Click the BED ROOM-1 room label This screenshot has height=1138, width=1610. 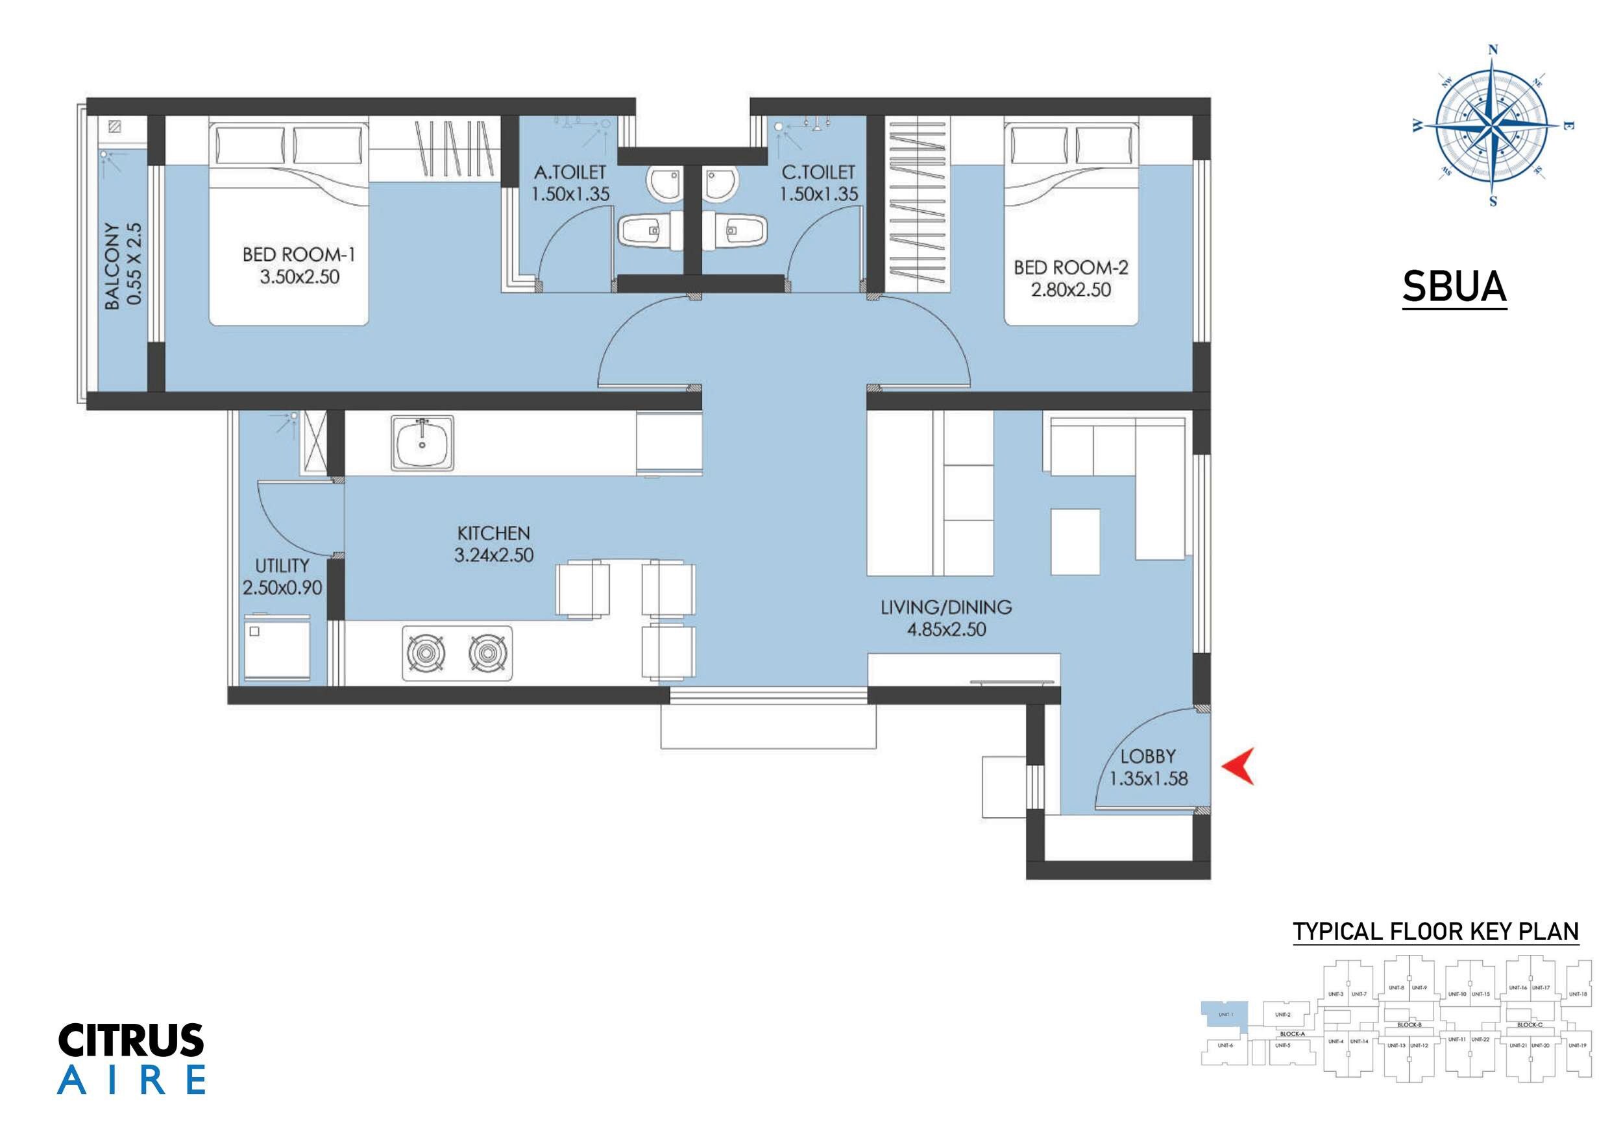pos(299,254)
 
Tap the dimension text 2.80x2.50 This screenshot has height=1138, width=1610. pos(1070,289)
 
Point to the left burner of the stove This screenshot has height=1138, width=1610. pos(426,653)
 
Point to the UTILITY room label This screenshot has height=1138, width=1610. pos(282,565)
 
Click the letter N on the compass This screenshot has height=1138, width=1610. pos(1493,50)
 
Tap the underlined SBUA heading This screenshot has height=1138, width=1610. pos(1454,287)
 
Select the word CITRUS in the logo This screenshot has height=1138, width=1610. pos(131,1041)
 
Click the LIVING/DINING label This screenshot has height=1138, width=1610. pos(946,607)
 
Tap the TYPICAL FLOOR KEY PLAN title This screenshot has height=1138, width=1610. pos(1435,932)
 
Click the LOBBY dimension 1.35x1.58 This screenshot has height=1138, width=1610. pos(1148,779)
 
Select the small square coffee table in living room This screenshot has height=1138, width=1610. pos(1075,542)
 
